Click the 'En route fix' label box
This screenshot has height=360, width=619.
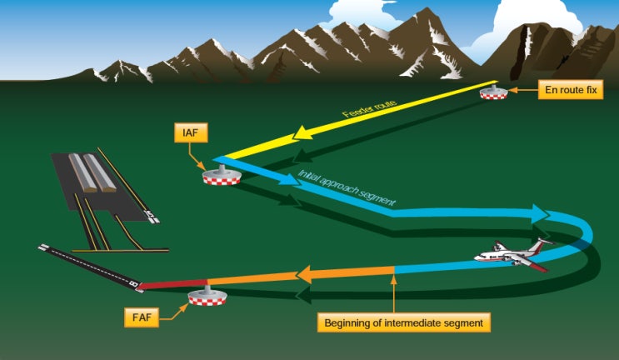point(568,91)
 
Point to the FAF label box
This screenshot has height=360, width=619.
point(140,317)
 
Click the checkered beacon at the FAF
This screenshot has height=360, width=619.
point(208,297)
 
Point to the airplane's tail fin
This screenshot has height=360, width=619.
point(543,245)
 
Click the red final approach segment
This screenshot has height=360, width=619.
point(172,285)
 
